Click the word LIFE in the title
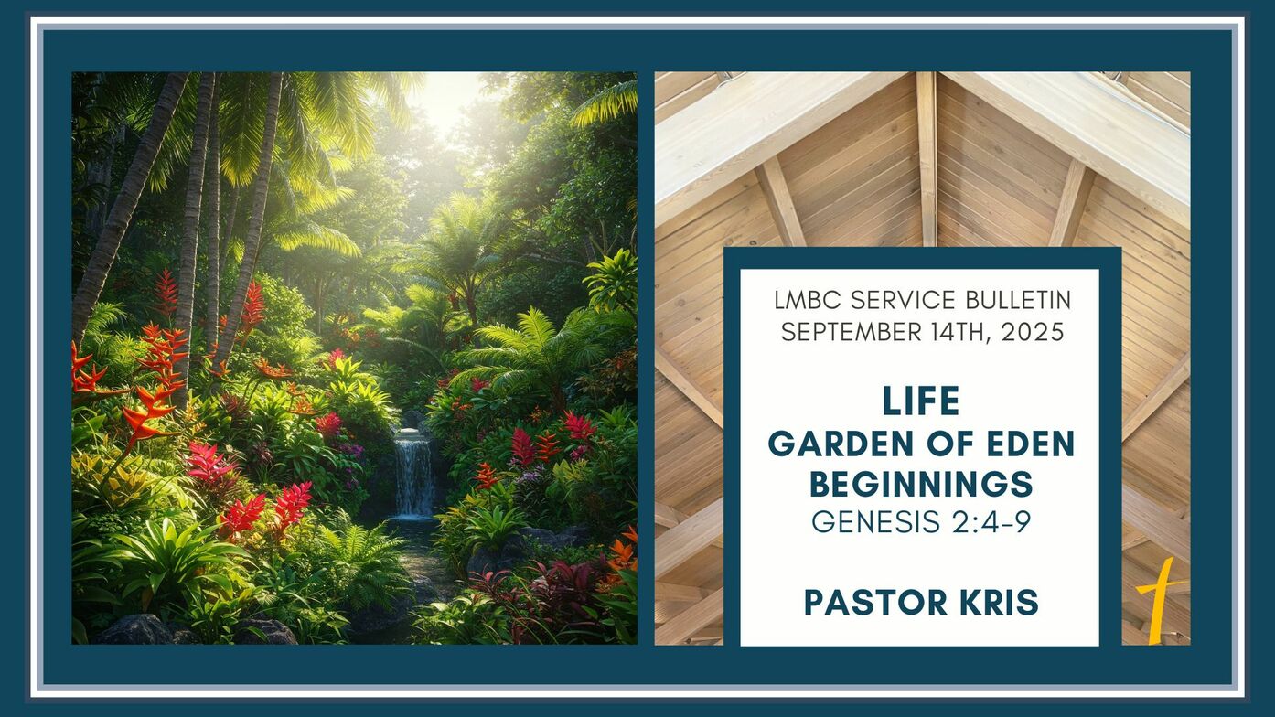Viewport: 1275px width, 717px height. [x=921, y=401]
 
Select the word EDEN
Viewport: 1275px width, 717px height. [x=1030, y=444]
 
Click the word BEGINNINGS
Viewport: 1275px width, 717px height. [x=921, y=485]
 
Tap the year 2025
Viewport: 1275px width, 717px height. [x=1033, y=332]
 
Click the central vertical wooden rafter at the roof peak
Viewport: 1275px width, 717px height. [x=927, y=159]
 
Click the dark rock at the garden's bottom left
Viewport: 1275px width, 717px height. [x=135, y=630]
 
